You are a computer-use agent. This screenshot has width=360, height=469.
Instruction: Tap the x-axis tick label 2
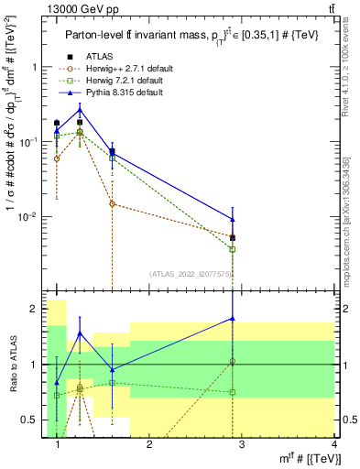[149, 445]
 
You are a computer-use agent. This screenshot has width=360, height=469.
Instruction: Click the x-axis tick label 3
[242, 445]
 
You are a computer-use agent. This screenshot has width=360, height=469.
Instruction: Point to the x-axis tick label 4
[333, 445]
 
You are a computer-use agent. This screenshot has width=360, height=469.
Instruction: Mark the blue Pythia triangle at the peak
[80, 110]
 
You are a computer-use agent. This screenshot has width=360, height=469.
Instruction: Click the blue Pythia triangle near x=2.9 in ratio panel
[233, 319]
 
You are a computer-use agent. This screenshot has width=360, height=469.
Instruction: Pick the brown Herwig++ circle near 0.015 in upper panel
[112, 203]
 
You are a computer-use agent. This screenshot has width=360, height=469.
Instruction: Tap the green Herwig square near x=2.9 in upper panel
[233, 249]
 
